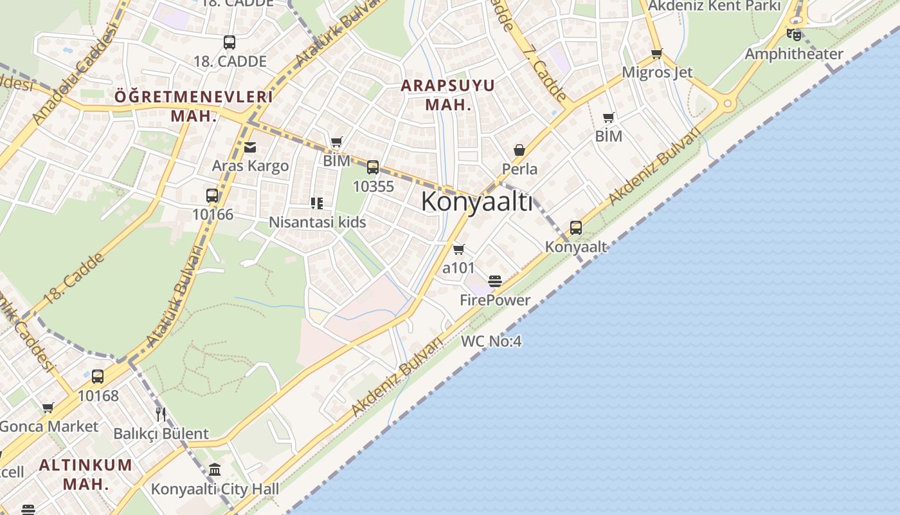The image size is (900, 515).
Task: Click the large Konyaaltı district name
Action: pos(476,202)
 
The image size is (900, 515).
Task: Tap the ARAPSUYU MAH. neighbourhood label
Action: pos(448,95)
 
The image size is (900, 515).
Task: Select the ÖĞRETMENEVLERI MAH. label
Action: pos(194,106)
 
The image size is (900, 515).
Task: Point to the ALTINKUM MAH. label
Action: pos(85,474)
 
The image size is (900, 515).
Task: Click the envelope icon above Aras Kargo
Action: pos(250,147)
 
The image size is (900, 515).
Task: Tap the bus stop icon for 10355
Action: pos(373,167)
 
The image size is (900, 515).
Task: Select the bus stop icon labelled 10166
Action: pos(212,196)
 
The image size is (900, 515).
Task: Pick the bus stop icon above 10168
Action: pos(98,377)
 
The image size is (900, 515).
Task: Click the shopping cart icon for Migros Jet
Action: pos(656,54)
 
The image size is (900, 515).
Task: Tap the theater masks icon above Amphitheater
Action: pos(794,34)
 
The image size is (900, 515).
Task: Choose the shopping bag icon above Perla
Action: pos(519,151)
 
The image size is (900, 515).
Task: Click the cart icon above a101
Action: pos(458,249)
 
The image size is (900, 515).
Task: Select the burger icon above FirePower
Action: pos(494,281)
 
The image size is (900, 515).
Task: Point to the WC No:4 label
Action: pos(491,341)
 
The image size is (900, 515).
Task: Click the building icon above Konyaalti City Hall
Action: pos(215,470)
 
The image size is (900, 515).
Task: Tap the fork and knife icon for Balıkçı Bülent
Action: pos(161,414)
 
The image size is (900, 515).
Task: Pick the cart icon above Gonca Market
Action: pos(48,407)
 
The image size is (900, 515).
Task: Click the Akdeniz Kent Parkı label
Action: pos(714,6)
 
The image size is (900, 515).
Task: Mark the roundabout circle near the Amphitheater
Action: pos(728,102)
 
